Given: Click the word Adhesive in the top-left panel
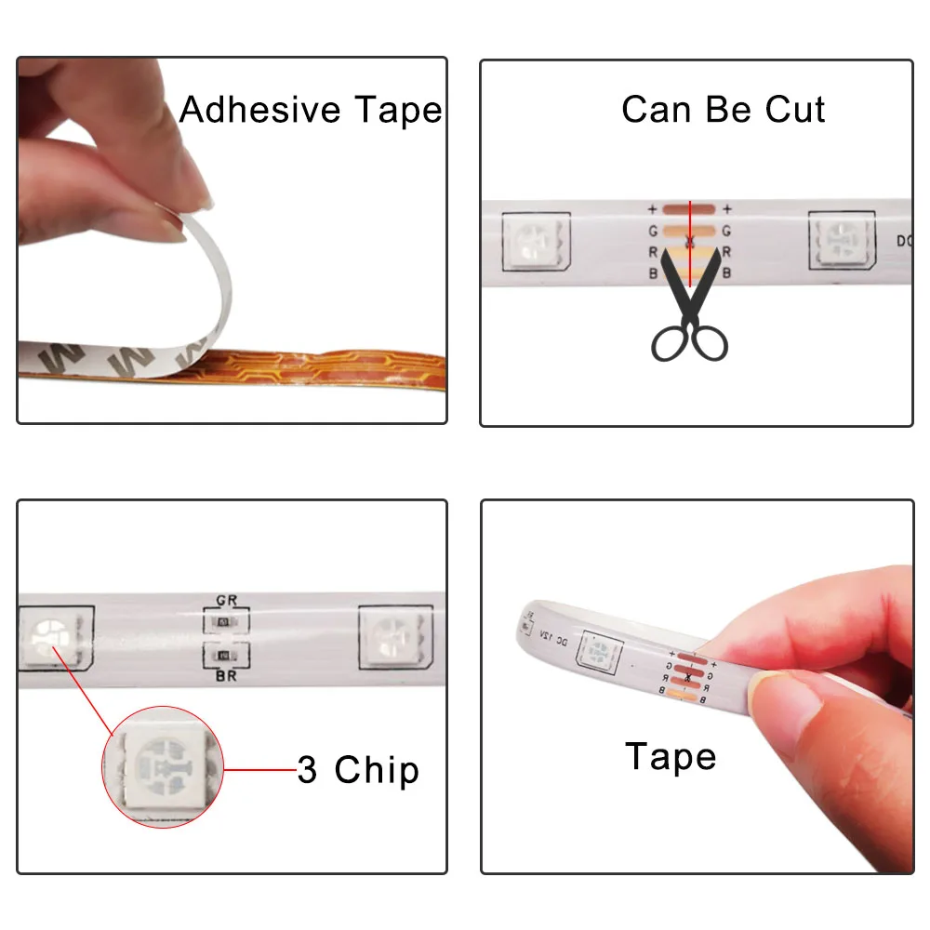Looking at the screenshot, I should (246, 110).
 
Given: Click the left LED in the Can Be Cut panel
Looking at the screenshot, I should (536, 241).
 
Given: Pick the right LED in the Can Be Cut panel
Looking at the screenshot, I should (842, 241).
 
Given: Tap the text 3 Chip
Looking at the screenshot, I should (358, 771).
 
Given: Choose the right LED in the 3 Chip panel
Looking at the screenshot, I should (394, 640).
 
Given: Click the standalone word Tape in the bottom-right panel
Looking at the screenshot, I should (670, 757).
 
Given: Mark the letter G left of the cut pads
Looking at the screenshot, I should (653, 231).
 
